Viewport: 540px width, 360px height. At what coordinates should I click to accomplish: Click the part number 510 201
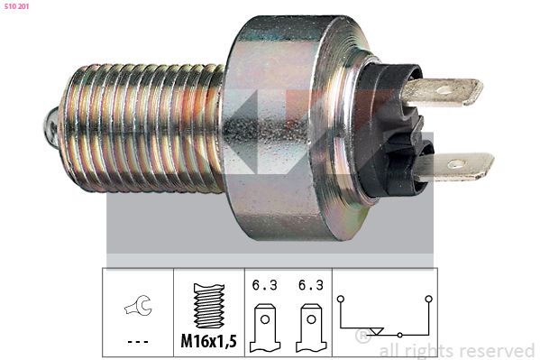point(16,6)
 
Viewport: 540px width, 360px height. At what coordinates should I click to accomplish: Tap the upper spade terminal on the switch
point(443,90)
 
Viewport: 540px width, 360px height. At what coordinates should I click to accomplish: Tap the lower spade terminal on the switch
point(454,167)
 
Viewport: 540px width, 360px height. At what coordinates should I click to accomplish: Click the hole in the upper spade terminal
point(444,90)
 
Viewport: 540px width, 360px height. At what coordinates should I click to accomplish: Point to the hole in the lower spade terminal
point(455,163)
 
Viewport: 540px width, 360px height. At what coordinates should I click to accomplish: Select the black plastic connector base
point(392,131)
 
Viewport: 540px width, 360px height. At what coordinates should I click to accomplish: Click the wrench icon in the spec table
point(138,305)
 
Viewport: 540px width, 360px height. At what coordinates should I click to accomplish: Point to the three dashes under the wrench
point(138,342)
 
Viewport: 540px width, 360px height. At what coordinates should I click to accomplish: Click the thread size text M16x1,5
point(209,341)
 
